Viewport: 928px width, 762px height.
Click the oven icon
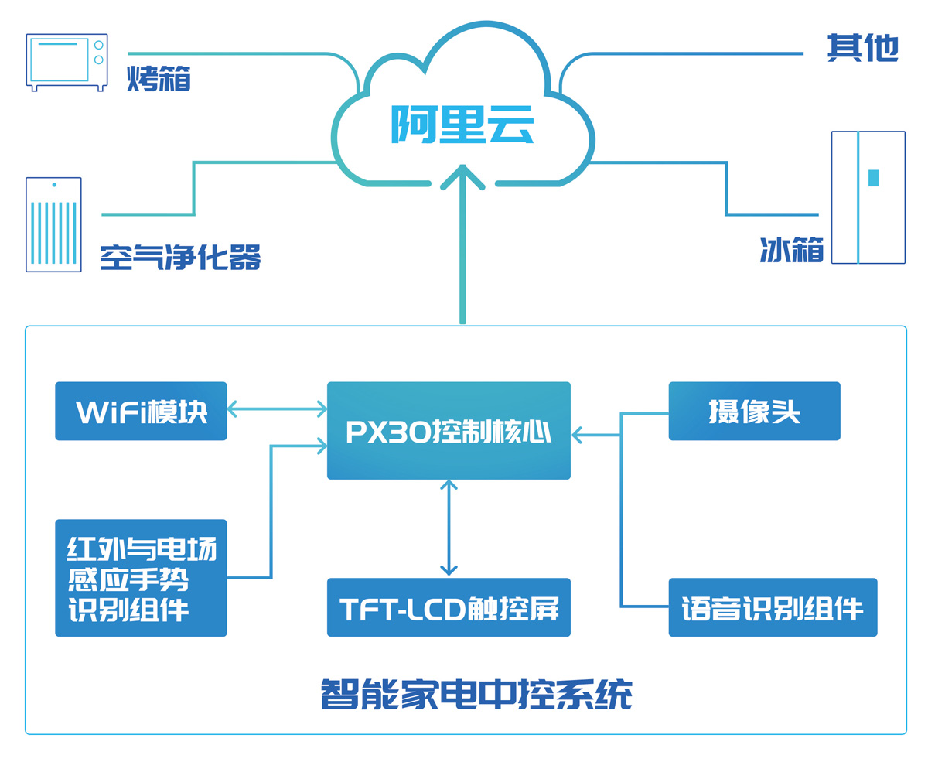pyautogui.click(x=67, y=61)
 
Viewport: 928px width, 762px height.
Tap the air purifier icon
pyautogui.click(x=53, y=224)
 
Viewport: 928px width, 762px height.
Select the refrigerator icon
pyautogui.click(x=868, y=197)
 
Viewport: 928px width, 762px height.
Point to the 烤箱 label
pyautogui.click(x=159, y=78)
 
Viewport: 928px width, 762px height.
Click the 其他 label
pyautogui.click(x=862, y=48)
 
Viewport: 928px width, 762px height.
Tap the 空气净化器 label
pyautogui.click(x=180, y=258)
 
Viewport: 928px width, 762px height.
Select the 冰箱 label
pyautogui.click(x=791, y=250)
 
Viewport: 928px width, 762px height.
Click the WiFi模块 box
pyautogui.click(x=141, y=412)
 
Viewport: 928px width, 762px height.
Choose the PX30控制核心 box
pyautogui.click(x=449, y=430)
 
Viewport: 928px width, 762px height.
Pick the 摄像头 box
pyautogui.click(x=754, y=412)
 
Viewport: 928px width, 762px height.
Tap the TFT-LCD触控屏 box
pyautogui.click(x=449, y=608)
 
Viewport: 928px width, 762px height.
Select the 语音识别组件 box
pyautogui.click(x=773, y=608)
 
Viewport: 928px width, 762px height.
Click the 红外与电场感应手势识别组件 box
pyautogui.click(x=141, y=578)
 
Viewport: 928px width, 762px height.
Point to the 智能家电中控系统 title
pyautogui.click(x=476, y=694)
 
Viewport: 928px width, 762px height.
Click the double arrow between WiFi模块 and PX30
pyautogui.click(x=277, y=408)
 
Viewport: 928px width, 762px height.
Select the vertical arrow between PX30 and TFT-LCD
pyautogui.click(x=449, y=528)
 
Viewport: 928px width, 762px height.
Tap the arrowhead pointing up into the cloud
pyautogui.click(x=462, y=176)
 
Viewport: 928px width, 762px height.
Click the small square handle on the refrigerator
pyautogui.click(x=873, y=178)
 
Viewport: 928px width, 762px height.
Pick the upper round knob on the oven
pyautogui.click(x=98, y=46)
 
